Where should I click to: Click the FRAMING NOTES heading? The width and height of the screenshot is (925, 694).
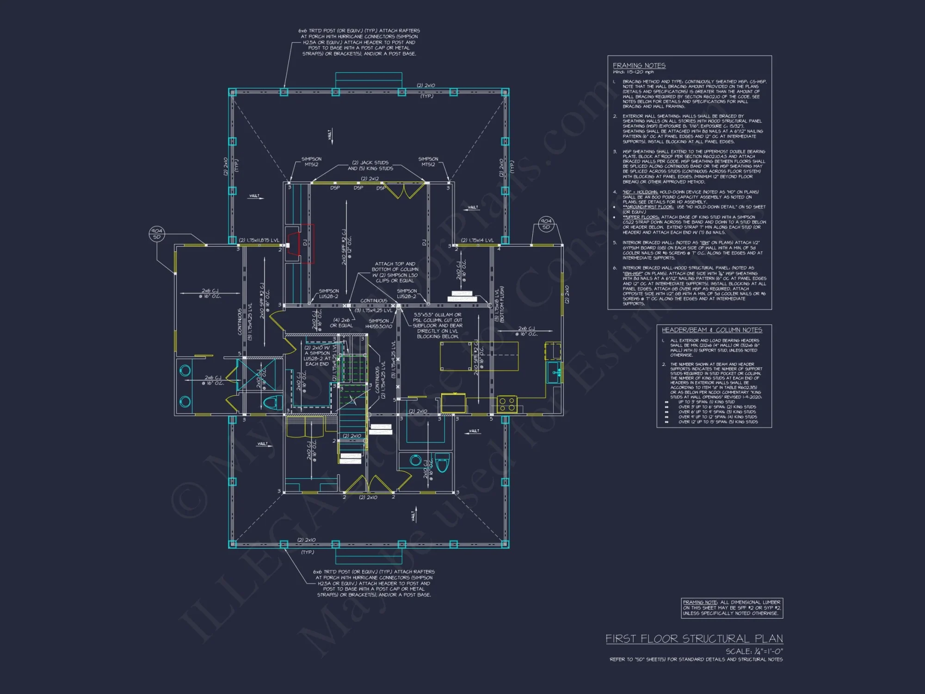tap(639, 66)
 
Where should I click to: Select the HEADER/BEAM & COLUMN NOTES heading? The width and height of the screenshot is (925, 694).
tap(711, 330)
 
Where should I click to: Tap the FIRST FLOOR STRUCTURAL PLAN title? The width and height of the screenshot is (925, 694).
tap(694, 638)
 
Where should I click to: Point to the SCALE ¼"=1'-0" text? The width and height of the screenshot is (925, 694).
tap(753, 651)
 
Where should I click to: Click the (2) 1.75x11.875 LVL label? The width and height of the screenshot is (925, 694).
tap(259, 240)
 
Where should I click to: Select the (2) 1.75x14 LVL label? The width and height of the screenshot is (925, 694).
tap(477, 240)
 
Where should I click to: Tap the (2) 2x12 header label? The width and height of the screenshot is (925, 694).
tap(370, 179)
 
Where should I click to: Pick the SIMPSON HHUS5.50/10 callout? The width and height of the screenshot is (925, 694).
tap(378, 323)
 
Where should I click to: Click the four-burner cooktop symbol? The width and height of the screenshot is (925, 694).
tap(506, 404)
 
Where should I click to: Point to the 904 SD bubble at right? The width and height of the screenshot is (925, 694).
tap(546, 224)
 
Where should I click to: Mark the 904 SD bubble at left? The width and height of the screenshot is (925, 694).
tap(156, 234)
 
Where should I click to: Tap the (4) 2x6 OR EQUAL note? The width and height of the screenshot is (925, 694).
tap(341, 322)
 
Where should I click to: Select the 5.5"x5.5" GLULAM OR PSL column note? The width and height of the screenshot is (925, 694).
tap(437, 325)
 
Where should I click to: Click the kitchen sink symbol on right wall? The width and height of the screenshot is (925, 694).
tap(554, 372)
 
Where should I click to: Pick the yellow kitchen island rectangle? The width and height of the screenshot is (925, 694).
tap(479, 356)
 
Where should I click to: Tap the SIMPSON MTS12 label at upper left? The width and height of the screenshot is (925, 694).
tap(311, 161)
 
